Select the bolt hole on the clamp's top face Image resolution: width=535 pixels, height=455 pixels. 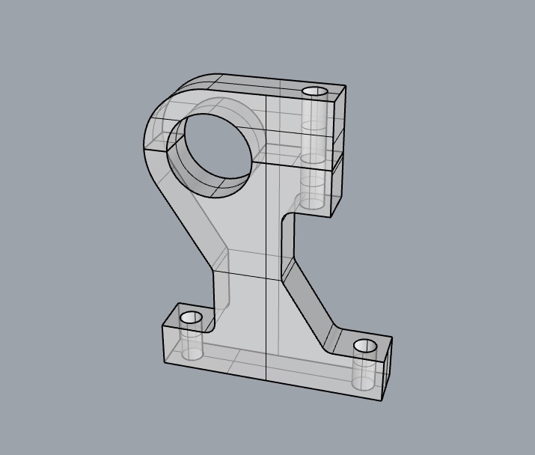click(315, 91)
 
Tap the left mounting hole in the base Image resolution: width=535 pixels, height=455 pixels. click(192, 317)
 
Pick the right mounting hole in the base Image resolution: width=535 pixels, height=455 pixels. click(365, 346)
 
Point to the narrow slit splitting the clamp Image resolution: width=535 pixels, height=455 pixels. click(299, 156)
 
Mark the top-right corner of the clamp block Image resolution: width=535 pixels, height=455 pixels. click(346, 88)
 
